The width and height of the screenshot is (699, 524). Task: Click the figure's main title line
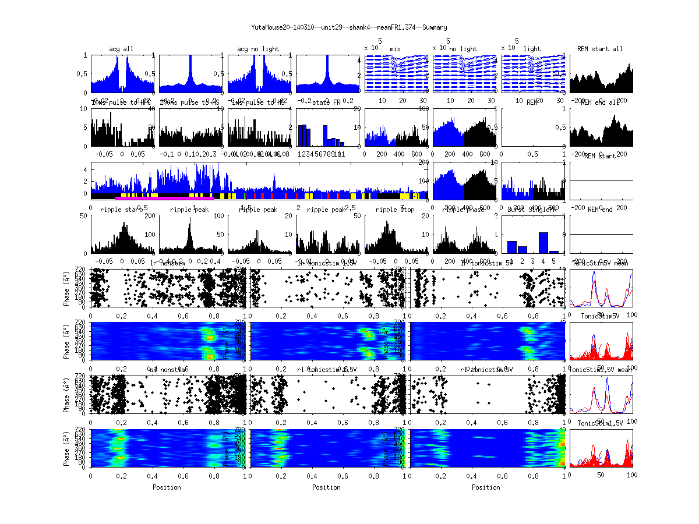(x=349, y=27)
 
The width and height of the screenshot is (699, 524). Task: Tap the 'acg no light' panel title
(x=258, y=49)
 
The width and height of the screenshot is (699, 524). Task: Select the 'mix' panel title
(x=396, y=49)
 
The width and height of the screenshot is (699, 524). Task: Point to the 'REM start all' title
(x=600, y=49)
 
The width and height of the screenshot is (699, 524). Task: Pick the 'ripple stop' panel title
(x=396, y=210)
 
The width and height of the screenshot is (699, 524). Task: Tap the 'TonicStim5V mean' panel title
(x=601, y=263)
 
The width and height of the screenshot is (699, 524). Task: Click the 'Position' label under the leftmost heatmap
(x=167, y=487)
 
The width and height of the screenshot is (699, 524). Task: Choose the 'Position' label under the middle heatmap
(x=326, y=487)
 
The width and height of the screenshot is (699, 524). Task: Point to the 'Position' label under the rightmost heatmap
(x=486, y=487)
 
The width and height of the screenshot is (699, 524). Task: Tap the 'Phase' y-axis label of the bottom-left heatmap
(x=68, y=448)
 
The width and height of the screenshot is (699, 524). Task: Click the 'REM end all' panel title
(x=600, y=102)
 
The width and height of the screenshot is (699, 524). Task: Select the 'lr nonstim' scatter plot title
(x=167, y=263)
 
